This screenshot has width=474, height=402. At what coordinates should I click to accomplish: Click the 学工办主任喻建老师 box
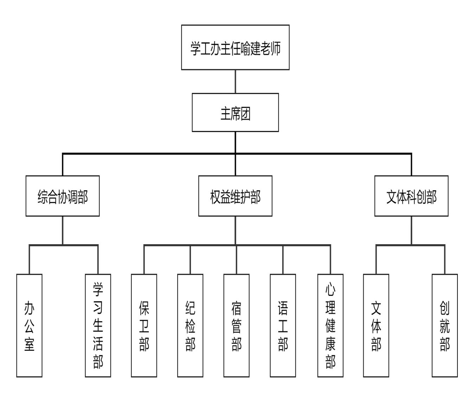click(235, 47)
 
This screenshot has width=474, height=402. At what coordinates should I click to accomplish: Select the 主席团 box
click(235, 112)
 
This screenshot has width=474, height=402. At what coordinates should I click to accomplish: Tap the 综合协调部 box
click(63, 196)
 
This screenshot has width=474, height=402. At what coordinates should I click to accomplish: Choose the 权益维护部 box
click(235, 196)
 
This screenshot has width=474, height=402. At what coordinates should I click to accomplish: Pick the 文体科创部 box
click(411, 196)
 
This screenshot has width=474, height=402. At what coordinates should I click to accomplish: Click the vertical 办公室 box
click(29, 325)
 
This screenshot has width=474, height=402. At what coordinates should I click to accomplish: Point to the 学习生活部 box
click(98, 325)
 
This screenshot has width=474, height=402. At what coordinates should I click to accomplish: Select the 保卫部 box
click(144, 325)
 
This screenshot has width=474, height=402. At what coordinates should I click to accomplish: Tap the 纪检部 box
click(190, 325)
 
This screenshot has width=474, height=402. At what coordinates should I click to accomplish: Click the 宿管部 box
click(236, 325)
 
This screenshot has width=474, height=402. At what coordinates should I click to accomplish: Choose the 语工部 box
click(283, 325)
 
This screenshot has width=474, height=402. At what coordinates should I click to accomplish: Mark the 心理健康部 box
click(330, 325)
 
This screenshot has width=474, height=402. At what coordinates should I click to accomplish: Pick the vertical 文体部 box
click(376, 325)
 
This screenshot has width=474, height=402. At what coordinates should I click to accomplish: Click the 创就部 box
click(444, 325)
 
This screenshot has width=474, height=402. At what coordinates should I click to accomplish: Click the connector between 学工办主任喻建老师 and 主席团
click(235, 82)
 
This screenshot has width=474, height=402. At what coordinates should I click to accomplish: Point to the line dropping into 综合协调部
click(63, 164)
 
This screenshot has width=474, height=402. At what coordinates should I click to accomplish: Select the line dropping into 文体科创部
click(411, 164)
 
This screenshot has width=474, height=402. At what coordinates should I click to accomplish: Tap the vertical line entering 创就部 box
click(444, 260)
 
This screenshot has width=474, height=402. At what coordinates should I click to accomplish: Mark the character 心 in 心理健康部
click(330, 290)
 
